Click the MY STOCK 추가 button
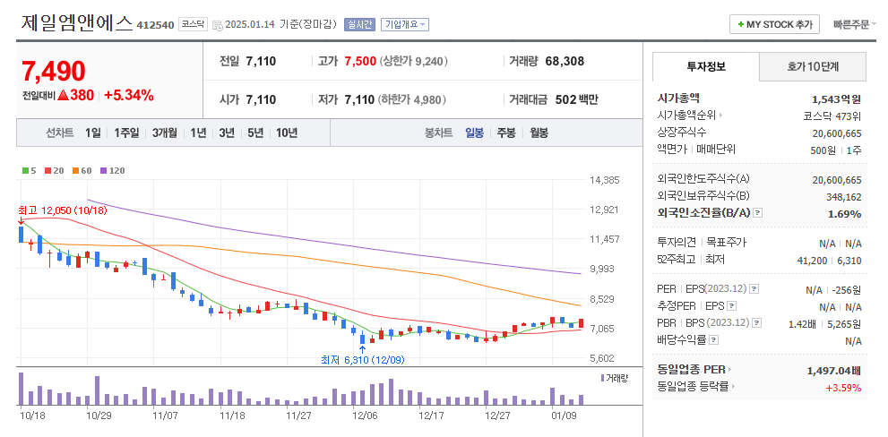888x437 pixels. coord(774,24)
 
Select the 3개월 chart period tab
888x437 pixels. coord(165,133)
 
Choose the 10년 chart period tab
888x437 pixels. coord(287,133)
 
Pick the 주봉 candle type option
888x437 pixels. coord(506,133)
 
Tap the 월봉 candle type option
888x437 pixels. coord(539,133)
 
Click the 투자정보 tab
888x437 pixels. coord(706,66)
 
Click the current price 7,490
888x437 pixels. coord(54,71)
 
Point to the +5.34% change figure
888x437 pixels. coord(129,95)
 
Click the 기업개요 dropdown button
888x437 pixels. coord(404,24)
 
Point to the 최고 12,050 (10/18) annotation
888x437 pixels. coord(62,210)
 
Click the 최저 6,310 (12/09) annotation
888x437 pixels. coord(363,360)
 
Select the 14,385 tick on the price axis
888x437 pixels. coord(605,180)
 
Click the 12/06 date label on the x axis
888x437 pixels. coord(365,416)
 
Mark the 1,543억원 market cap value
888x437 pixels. coord(836,99)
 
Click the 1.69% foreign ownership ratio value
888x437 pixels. coord(844,213)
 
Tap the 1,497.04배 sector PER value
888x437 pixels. coord(833,369)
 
